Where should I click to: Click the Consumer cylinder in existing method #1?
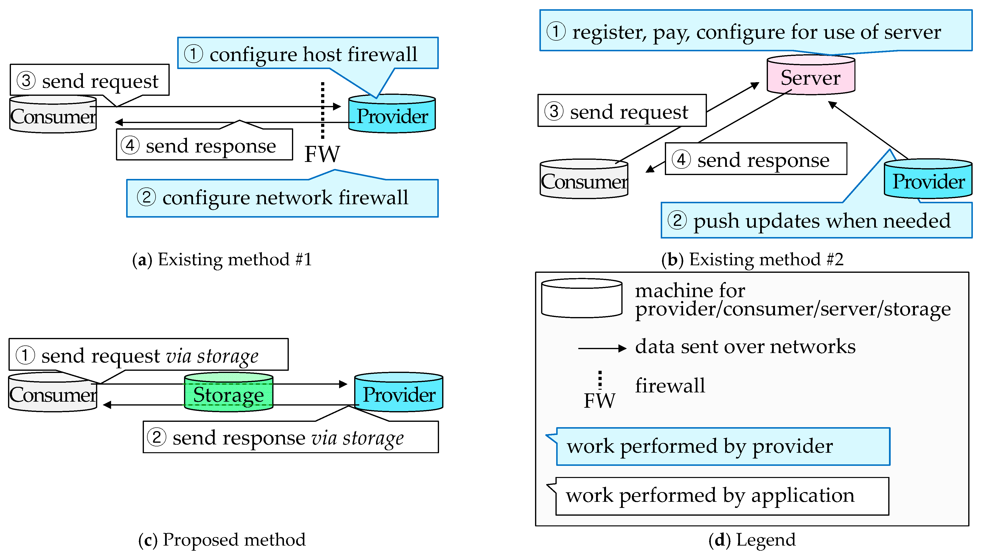53,115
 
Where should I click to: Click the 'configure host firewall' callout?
308,53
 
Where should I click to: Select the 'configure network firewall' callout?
282,198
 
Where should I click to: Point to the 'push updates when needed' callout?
816,221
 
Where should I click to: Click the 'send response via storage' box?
290,437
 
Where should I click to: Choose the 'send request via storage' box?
148,355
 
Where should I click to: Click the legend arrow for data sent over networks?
601,348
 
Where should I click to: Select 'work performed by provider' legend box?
723,446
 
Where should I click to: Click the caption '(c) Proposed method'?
222,540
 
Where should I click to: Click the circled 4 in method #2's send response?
681,159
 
